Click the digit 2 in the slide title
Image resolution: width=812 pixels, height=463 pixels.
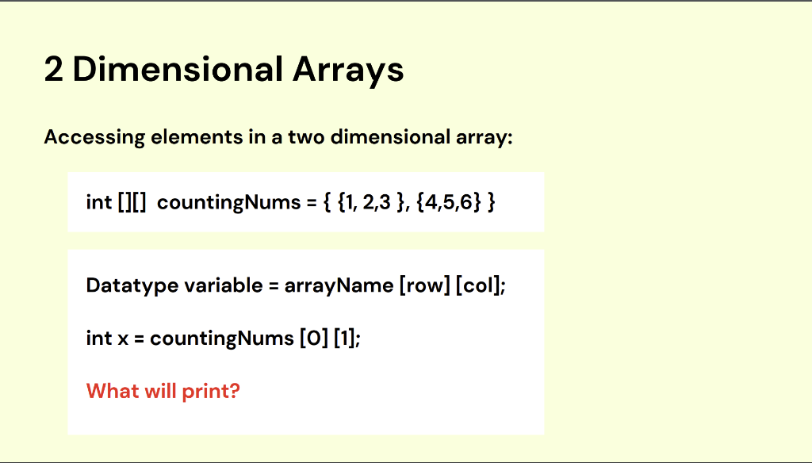click(53, 70)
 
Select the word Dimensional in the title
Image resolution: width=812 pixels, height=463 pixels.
click(178, 70)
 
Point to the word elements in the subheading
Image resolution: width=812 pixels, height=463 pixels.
click(197, 137)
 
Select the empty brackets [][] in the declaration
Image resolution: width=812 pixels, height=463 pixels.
click(132, 202)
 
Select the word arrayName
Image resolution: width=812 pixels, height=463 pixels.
click(339, 286)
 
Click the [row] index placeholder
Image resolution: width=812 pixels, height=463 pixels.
click(425, 286)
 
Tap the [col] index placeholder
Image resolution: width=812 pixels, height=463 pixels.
click(478, 286)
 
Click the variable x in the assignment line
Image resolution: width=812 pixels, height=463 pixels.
click(123, 339)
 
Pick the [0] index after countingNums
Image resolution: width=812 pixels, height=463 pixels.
click(314, 339)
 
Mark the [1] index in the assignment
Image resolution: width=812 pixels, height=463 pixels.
click(344, 339)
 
